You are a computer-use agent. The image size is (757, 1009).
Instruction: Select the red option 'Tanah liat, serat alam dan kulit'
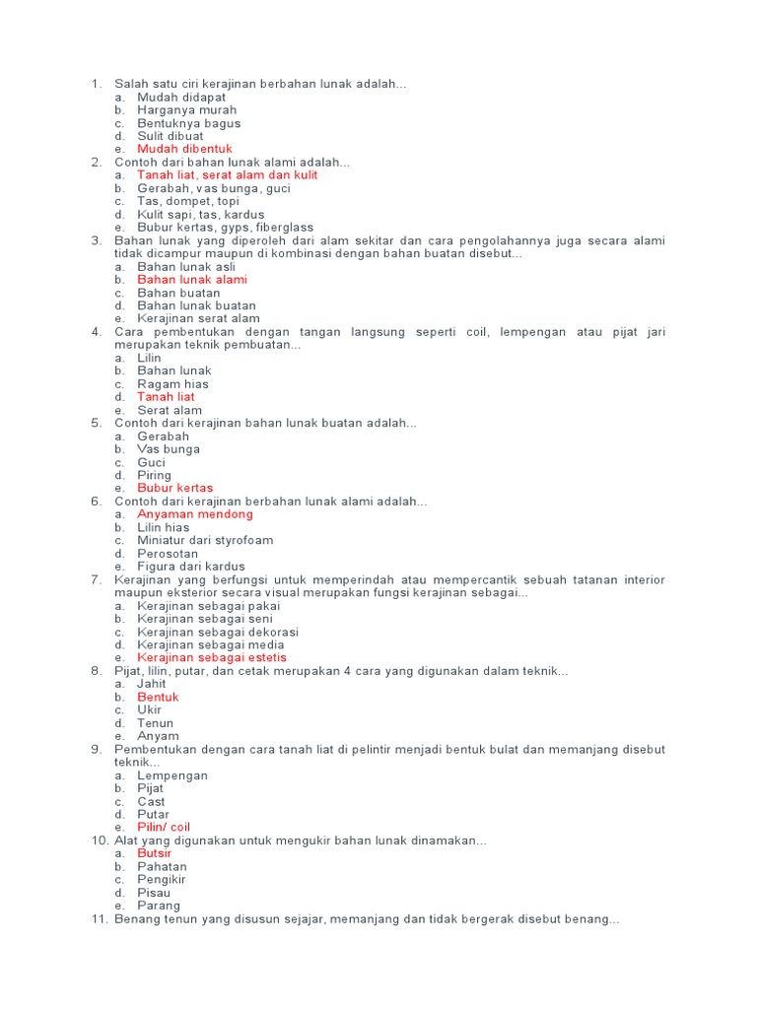point(227,175)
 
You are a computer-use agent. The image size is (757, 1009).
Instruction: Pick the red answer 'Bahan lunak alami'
point(192,280)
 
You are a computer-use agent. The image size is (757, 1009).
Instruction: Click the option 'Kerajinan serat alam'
point(198,318)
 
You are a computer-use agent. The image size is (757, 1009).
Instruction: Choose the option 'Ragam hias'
point(172,384)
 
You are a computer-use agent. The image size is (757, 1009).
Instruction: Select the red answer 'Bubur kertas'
point(174,488)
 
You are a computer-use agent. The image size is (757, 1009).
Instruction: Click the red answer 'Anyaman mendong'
point(195,514)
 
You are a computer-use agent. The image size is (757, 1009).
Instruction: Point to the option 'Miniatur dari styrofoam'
point(205,540)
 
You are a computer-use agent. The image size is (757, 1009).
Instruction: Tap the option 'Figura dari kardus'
point(191,567)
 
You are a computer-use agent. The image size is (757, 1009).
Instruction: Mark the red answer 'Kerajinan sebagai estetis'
point(212,657)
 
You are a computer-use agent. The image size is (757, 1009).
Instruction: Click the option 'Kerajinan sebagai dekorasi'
point(217,632)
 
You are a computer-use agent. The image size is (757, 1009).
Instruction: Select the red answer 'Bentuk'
point(158,697)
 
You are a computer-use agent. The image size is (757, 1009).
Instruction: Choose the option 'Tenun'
point(155,723)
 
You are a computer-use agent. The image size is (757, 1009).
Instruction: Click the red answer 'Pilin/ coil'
point(164,828)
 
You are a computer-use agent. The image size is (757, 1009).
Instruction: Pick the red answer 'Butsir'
point(154,853)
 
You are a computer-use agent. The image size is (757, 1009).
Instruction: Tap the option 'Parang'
point(159,906)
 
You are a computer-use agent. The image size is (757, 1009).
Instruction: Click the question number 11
point(99,919)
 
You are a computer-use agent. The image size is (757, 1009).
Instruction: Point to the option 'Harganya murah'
point(186,110)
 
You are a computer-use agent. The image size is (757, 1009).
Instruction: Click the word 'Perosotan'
point(168,554)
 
